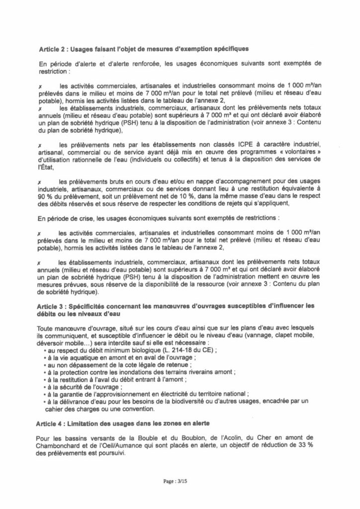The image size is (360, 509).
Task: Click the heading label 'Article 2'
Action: pos(53,49)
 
